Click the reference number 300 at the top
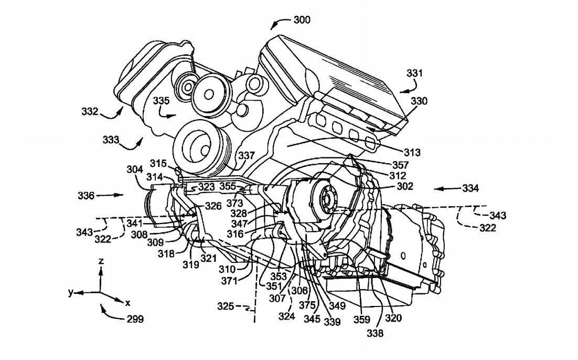pyautogui.click(x=302, y=20)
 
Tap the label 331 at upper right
pyautogui.click(x=414, y=74)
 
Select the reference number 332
pyautogui.click(x=90, y=111)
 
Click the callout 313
pyautogui.click(x=412, y=153)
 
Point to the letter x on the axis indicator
pyautogui.click(x=127, y=303)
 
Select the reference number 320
pyautogui.click(x=393, y=317)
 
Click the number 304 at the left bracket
pyautogui.click(x=135, y=170)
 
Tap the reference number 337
pyautogui.click(x=247, y=156)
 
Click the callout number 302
pyautogui.click(x=405, y=186)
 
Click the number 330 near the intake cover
pyautogui.click(x=419, y=101)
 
